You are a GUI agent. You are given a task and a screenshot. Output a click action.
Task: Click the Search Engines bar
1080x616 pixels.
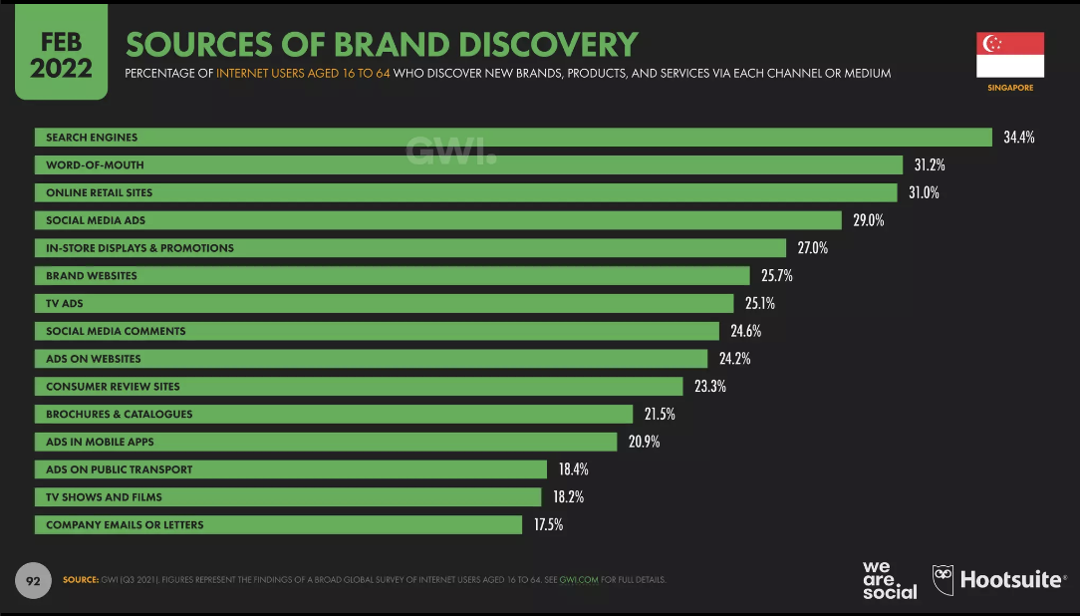[x=513, y=138]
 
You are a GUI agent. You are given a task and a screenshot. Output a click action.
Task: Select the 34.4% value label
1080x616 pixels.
[x=1018, y=138]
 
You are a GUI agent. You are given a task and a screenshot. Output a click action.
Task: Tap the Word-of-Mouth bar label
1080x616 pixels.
[x=95, y=165]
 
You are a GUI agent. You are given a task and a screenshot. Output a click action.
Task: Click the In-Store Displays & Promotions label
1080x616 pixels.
[x=139, y=248]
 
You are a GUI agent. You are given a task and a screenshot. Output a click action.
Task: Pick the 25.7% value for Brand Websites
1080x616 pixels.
[x=776, y=275]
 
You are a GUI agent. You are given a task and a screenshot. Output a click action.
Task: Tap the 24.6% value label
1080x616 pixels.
[x=746, y=331]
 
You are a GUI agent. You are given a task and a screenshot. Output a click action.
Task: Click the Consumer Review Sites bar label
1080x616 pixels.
[x=113, y=387]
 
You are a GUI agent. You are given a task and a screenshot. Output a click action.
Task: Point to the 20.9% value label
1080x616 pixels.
[x=644, y=442]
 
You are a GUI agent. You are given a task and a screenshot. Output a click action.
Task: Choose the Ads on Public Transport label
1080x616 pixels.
[x=119, y=469]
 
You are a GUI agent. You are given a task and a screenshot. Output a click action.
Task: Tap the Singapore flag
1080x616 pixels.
[x=1010, y=54]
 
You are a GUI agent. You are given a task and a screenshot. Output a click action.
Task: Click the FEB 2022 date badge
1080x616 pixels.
[x=61, y=56]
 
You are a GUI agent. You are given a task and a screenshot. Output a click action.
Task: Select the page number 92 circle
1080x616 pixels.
[x=34, y=580]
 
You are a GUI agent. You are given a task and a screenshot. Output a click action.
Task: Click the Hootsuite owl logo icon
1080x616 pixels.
[x=943, y=579]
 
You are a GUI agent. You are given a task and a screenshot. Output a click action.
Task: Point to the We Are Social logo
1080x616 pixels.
[x=889, y=580]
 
